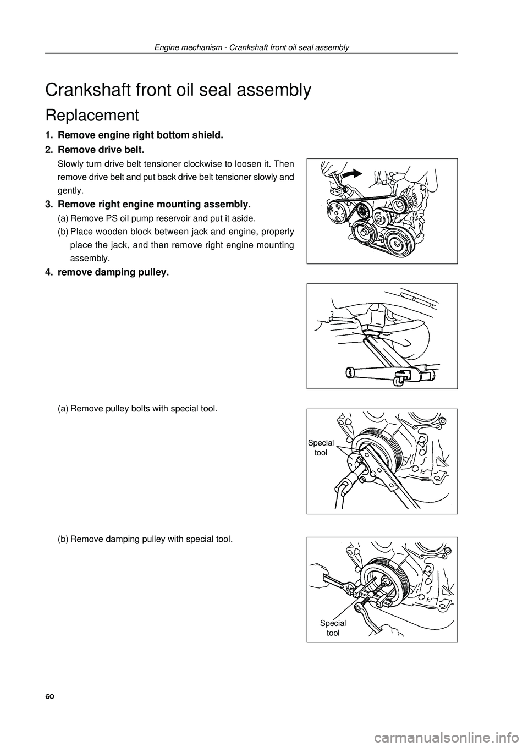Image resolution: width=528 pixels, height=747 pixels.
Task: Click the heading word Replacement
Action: (92, 116)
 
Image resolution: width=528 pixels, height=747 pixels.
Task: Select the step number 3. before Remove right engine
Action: (49, 204)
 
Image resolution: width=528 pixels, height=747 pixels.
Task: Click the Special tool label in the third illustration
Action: (321, 448)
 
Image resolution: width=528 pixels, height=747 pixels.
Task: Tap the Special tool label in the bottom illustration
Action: (333, 628)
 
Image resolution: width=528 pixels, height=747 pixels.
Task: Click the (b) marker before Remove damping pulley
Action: (63, 539)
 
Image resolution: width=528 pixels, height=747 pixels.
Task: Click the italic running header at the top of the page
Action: (252, 48)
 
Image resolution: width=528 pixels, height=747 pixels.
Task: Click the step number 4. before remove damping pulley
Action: (49, 272)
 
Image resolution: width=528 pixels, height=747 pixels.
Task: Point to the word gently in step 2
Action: (70, 191)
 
